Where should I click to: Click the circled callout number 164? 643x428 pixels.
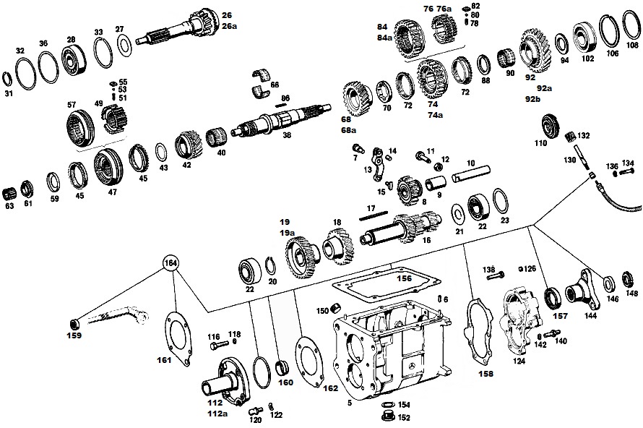click(171, 263)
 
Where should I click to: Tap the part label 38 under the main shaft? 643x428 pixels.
click(287, 134)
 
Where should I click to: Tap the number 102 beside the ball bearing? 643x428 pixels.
click(587, 59)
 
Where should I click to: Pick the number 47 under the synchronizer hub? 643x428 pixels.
click(113, 192)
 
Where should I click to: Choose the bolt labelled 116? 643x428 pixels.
click(219, 346)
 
